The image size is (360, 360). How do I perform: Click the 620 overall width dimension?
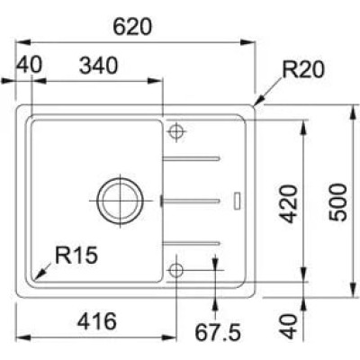tap(132, 27)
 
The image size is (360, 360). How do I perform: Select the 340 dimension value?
tap(98, 66)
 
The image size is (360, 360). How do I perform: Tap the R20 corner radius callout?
tap(303, 69)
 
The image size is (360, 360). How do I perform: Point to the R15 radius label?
tap(76, 255)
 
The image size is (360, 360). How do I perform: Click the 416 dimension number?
tap(97, 321)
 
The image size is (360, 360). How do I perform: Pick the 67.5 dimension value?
tap(218, 332)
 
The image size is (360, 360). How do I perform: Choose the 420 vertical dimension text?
tap(290, 204)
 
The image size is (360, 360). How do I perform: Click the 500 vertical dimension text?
tap(337, 202)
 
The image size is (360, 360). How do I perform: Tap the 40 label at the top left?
tap(30, 65)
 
